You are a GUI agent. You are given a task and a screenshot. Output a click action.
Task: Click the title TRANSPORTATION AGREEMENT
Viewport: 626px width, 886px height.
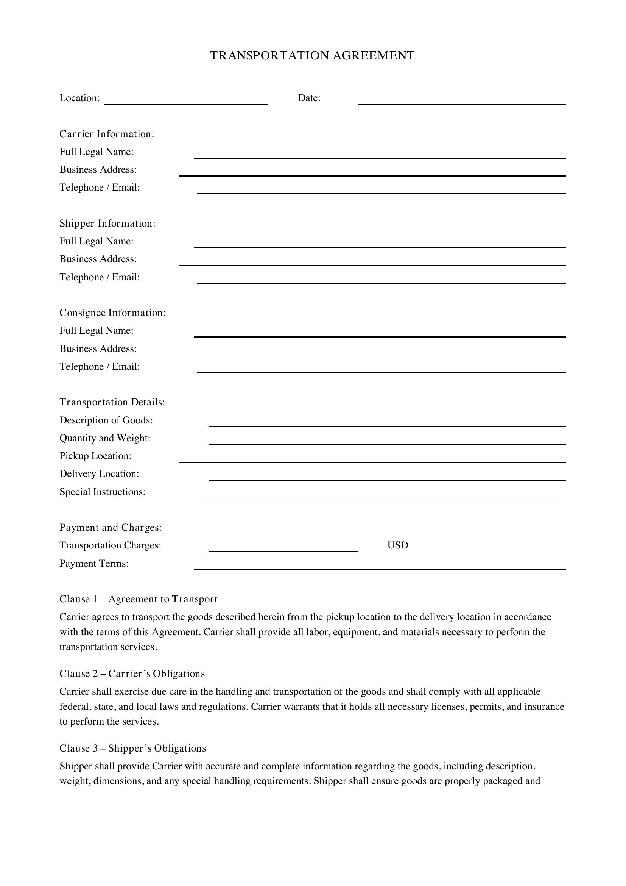[312, 56]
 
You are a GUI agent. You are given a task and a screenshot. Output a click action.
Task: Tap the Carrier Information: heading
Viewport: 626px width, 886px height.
[107, 134]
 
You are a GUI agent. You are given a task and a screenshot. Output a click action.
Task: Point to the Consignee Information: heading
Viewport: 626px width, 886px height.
[112, 313]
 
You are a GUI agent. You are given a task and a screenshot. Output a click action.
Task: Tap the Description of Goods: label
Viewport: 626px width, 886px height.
[106, 420]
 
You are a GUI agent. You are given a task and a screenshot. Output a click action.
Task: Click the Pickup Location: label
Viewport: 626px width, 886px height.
[95, 456]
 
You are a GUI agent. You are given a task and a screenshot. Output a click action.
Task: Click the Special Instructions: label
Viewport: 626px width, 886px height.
[102, 492]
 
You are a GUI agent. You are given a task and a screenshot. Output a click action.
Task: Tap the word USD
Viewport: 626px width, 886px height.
[397, 545]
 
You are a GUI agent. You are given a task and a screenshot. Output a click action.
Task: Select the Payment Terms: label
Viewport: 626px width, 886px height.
[93, 564]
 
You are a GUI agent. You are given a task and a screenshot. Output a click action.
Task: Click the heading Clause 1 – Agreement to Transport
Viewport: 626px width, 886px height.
[139, 599]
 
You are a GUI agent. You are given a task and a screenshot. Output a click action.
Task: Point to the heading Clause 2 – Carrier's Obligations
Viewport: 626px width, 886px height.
[132, 674]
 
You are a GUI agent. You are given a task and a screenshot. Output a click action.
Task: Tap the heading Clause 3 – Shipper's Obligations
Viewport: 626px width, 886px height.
[132, 748]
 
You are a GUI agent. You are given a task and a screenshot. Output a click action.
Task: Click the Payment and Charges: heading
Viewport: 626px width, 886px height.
[110, 528]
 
